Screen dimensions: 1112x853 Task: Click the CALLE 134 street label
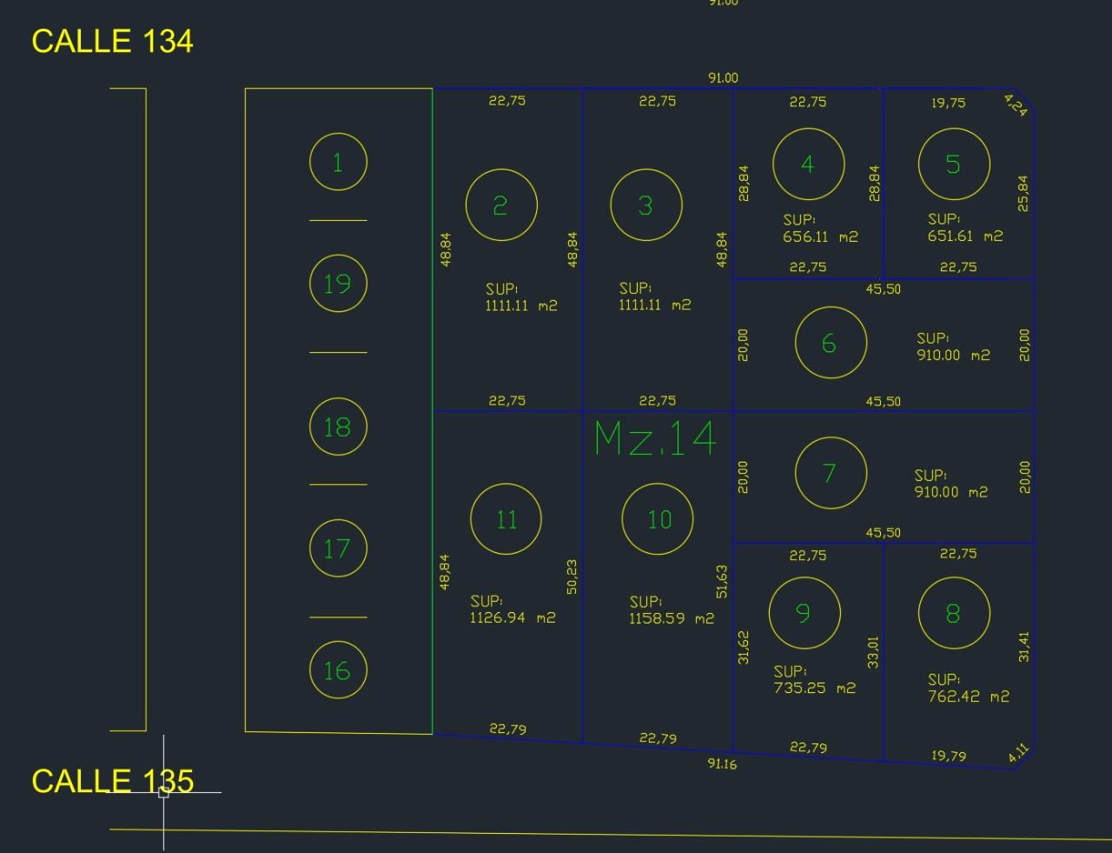112,41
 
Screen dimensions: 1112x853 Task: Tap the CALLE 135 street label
113,782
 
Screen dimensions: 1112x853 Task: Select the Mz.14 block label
654,438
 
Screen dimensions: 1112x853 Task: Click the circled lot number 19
338,283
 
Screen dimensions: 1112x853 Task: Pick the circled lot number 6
831,343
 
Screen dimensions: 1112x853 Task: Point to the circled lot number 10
658,518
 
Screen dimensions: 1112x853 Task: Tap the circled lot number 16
338,670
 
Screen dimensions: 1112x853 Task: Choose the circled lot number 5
954,163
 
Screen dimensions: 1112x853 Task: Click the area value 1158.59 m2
672,618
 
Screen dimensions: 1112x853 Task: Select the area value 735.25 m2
815,688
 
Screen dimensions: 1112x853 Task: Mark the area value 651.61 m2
965,236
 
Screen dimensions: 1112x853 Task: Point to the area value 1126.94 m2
513,617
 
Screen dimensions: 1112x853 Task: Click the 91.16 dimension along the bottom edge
722,764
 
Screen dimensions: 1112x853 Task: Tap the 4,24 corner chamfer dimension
1016,105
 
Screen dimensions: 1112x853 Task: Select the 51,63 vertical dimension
722,582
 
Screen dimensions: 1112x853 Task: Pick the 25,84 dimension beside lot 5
1023,194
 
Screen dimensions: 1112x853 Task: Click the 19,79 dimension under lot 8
949,756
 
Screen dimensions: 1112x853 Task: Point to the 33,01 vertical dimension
872,652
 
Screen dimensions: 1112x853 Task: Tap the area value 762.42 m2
969,696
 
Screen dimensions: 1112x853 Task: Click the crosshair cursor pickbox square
163,793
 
